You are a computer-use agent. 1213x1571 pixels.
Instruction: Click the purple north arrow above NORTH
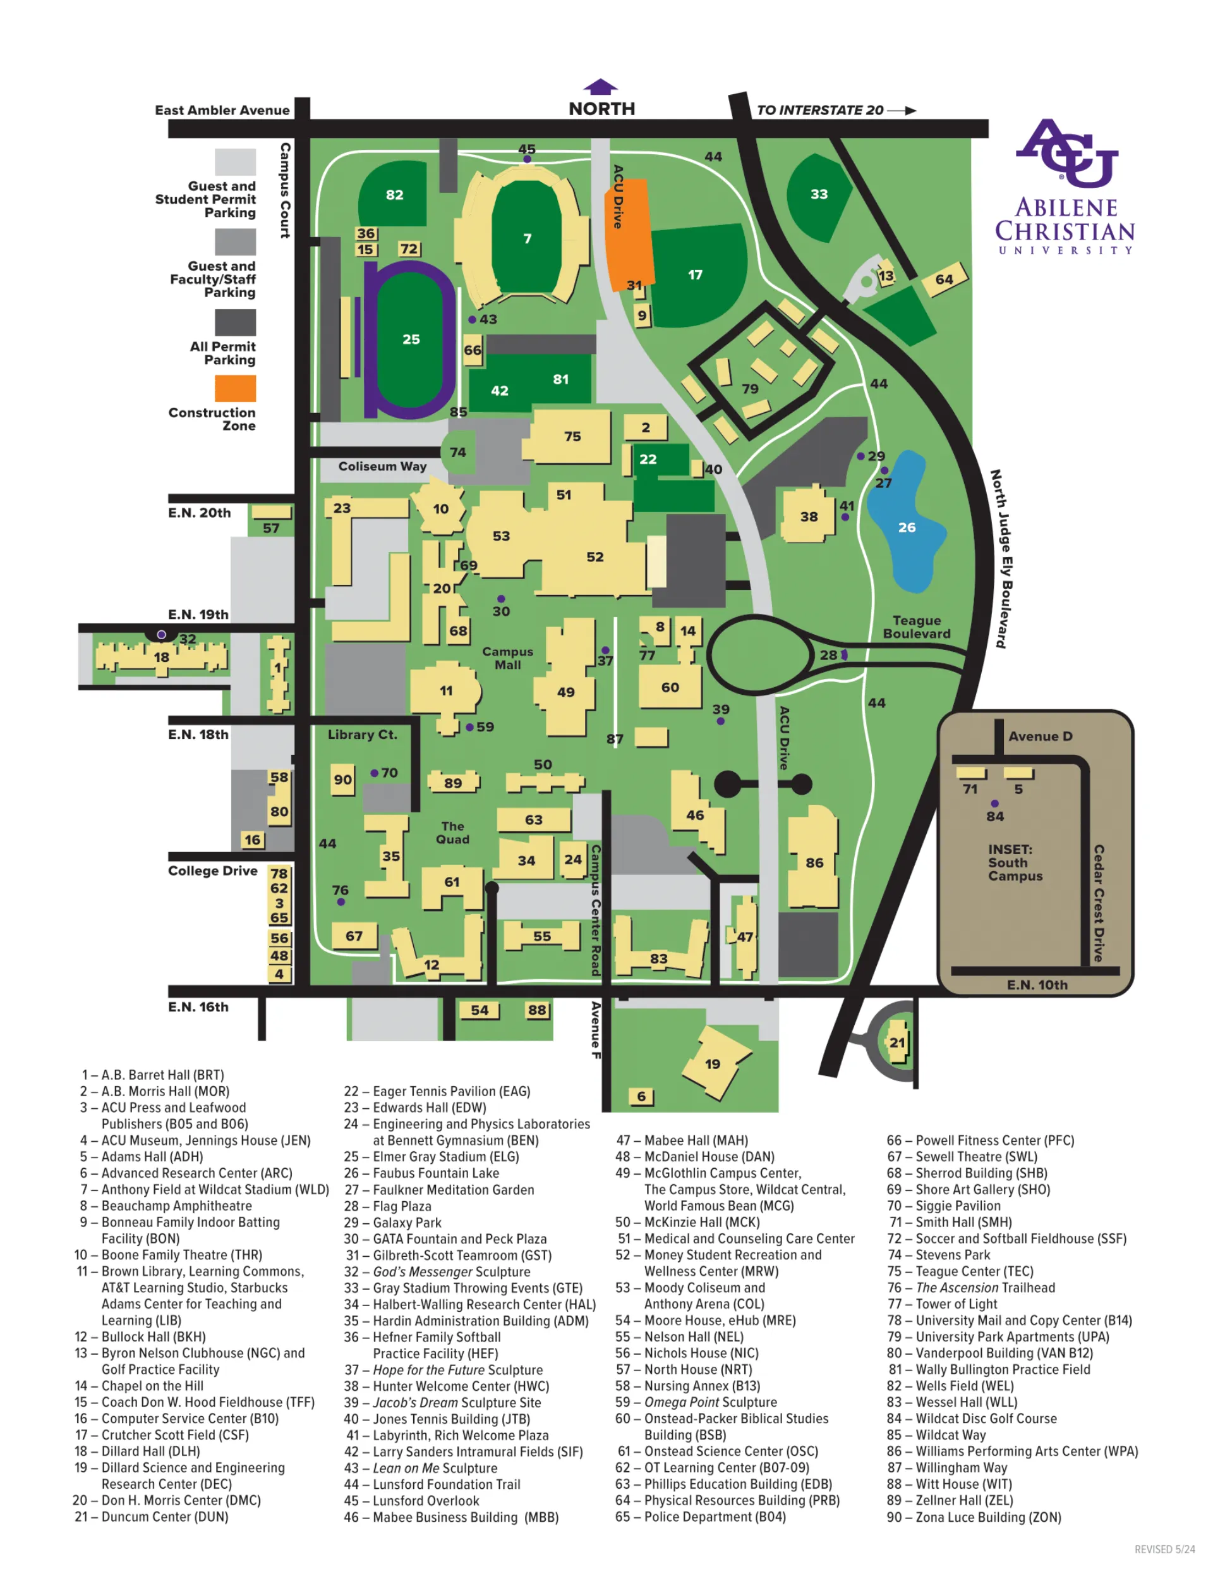tap(600, 87)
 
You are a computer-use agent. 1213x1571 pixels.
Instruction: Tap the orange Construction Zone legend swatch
tap(235, 388)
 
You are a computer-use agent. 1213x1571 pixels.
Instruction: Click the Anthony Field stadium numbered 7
tap(527, 238)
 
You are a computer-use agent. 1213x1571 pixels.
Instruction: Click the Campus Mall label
tap(508, 657)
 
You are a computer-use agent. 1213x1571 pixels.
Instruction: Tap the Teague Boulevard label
tap(917, 627)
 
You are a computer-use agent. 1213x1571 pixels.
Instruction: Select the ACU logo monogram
tap(1066, 152)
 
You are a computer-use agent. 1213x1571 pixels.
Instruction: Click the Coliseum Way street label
tap(382, 466)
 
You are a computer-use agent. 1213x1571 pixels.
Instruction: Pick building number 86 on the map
tap(814, 862)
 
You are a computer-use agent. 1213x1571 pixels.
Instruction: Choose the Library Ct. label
tap(361, 735)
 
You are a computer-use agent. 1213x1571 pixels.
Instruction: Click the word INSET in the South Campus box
tap(1010, 849)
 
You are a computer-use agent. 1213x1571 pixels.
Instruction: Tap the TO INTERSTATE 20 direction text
tap(819, 110)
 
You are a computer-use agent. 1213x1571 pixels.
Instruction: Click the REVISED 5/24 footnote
tap(1164, 1549)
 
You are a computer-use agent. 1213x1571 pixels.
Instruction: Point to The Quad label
tap(452, 832)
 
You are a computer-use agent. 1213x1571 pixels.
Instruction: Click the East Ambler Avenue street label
tap(222, 110)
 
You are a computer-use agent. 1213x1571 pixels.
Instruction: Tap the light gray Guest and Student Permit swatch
tap(235, 162)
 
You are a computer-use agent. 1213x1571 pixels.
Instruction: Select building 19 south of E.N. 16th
tap(713, 1063)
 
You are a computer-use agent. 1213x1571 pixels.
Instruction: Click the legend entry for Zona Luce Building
tap(974, 1517)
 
